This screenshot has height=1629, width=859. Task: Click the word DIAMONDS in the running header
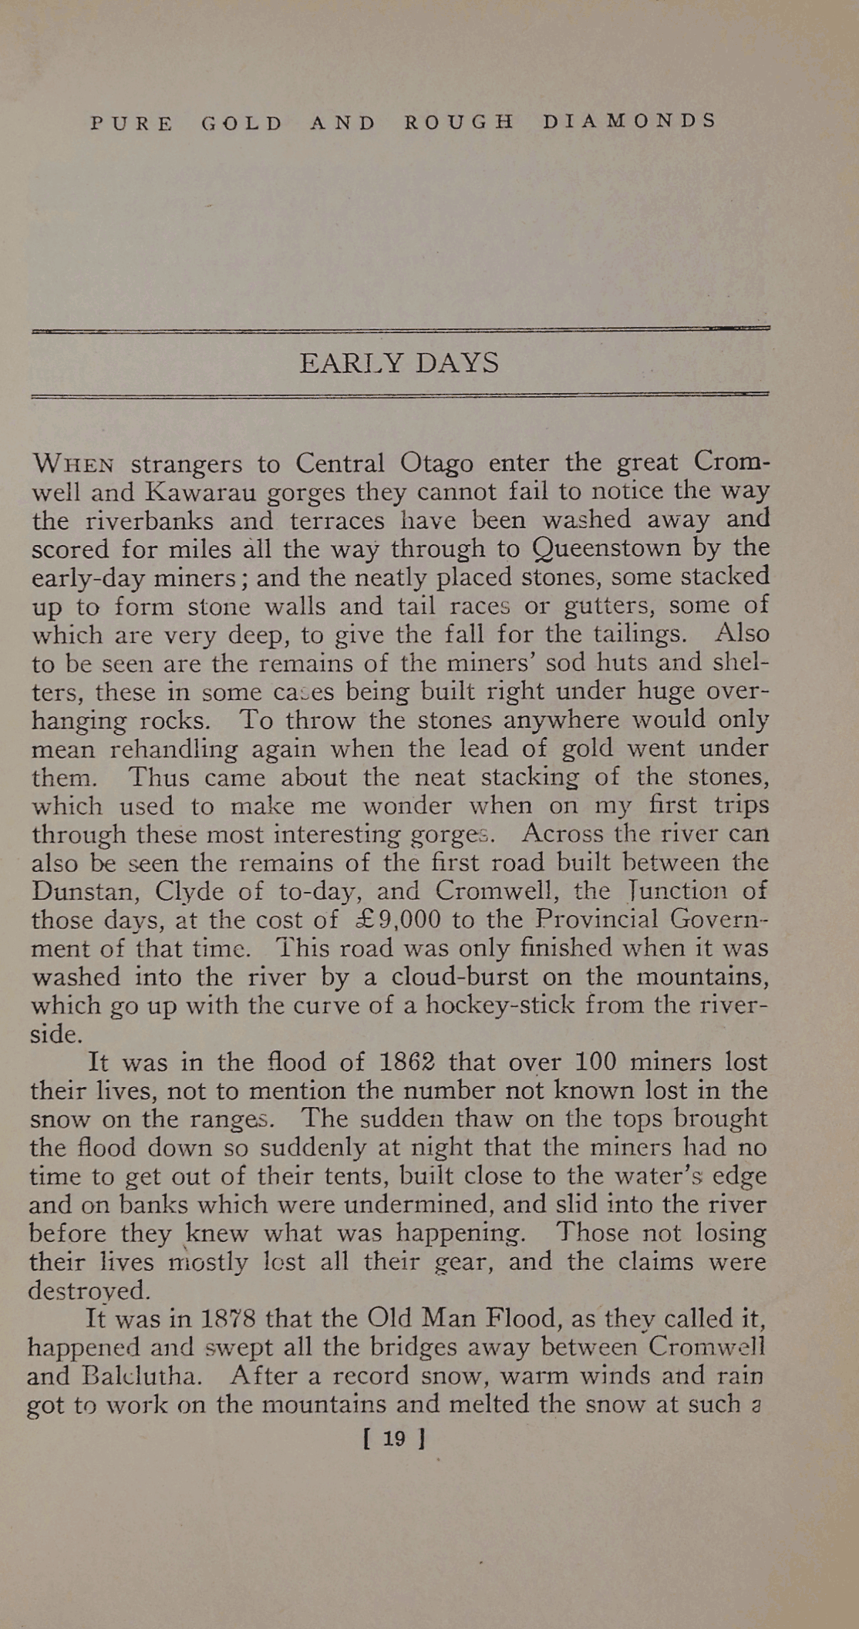[629, 122]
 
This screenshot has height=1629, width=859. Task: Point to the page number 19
[394, 1439]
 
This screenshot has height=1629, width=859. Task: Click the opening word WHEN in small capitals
[74, 465]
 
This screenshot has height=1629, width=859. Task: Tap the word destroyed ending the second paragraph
[88, 1290]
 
